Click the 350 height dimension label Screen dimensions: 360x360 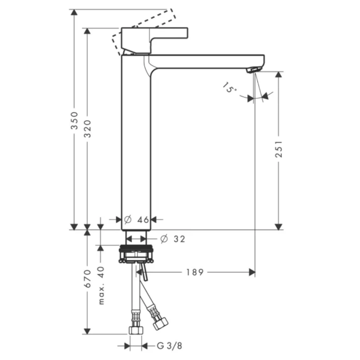pyautogui.click(x=74, y=121)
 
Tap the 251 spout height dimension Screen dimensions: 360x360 pyautogui.click(x=279, y=148)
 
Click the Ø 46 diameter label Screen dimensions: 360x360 pyautogui.click(x=137, y=219)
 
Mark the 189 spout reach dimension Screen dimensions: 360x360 pyautogui.click(x=195, y=272)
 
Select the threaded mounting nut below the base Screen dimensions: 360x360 pyautogui.click(x=136, y=254)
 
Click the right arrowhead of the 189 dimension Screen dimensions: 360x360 pyautogui.click(x=252, y=272)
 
